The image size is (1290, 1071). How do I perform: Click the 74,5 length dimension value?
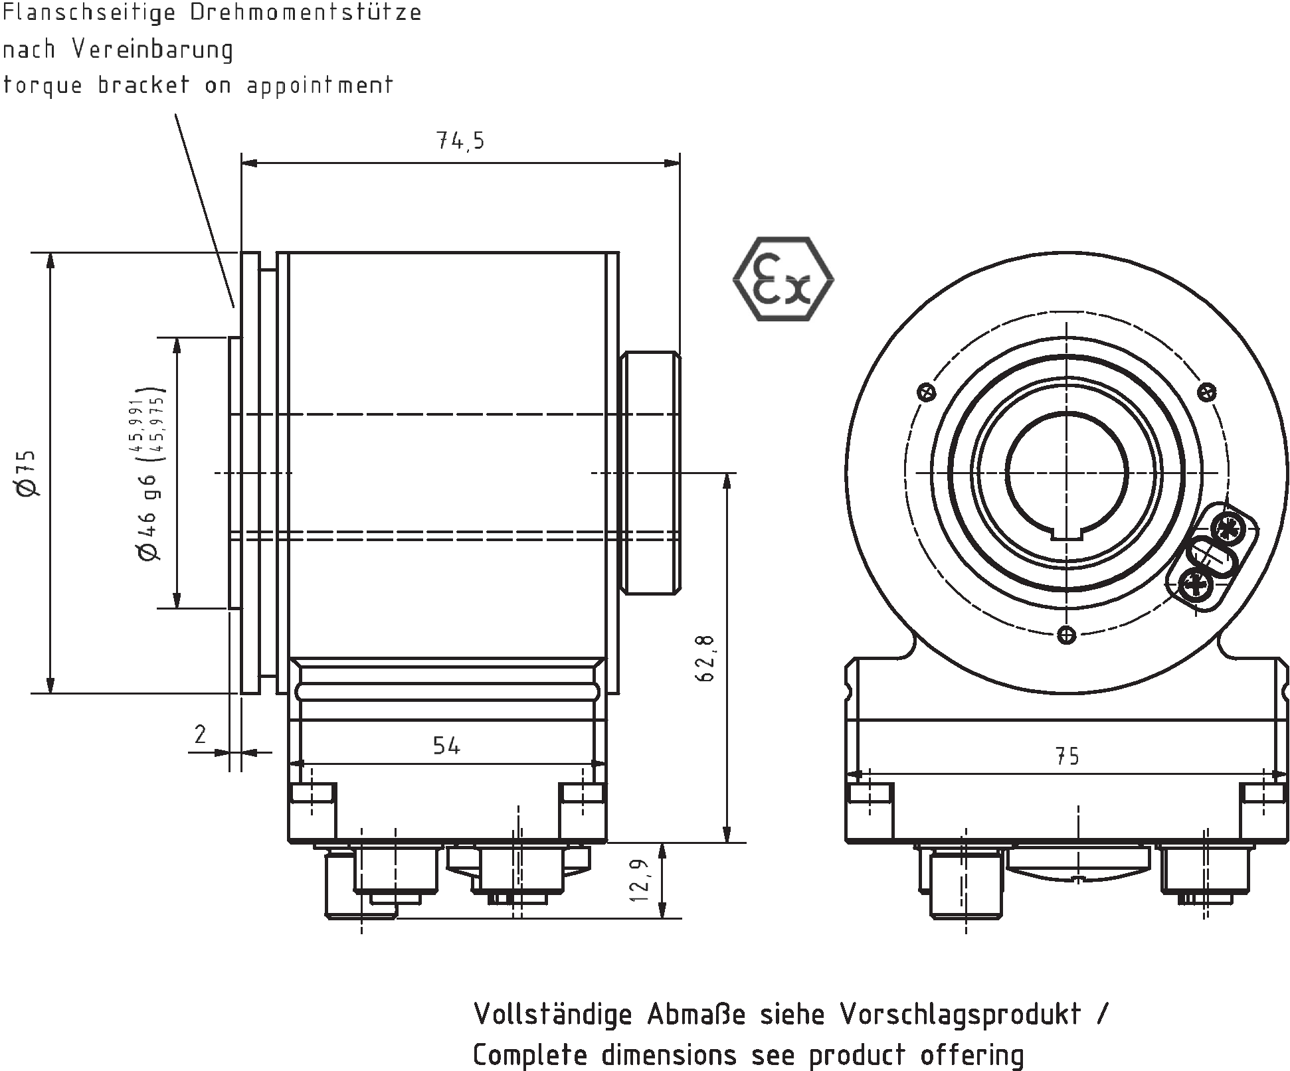click(460, 141)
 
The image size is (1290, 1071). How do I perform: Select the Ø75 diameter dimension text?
click(28, 473)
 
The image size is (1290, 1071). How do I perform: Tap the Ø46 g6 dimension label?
click(147, 517)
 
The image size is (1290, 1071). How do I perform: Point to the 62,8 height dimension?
click(705, 657)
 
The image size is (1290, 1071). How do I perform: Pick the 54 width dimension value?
click(446, 746)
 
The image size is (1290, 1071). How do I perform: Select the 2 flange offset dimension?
click(200, 734)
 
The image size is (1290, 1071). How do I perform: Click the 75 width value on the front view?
click(1067, 756)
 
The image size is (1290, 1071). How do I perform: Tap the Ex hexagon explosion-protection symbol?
click(783, 279)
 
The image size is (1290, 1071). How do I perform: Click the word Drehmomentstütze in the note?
click(306, 13)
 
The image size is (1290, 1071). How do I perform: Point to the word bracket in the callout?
click(143, 85)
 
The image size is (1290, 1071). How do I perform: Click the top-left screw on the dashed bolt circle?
click(926, 392)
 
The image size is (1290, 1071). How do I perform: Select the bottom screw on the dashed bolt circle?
click(1066, 635)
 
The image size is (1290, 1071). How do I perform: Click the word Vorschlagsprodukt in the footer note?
click(960, 1015)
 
